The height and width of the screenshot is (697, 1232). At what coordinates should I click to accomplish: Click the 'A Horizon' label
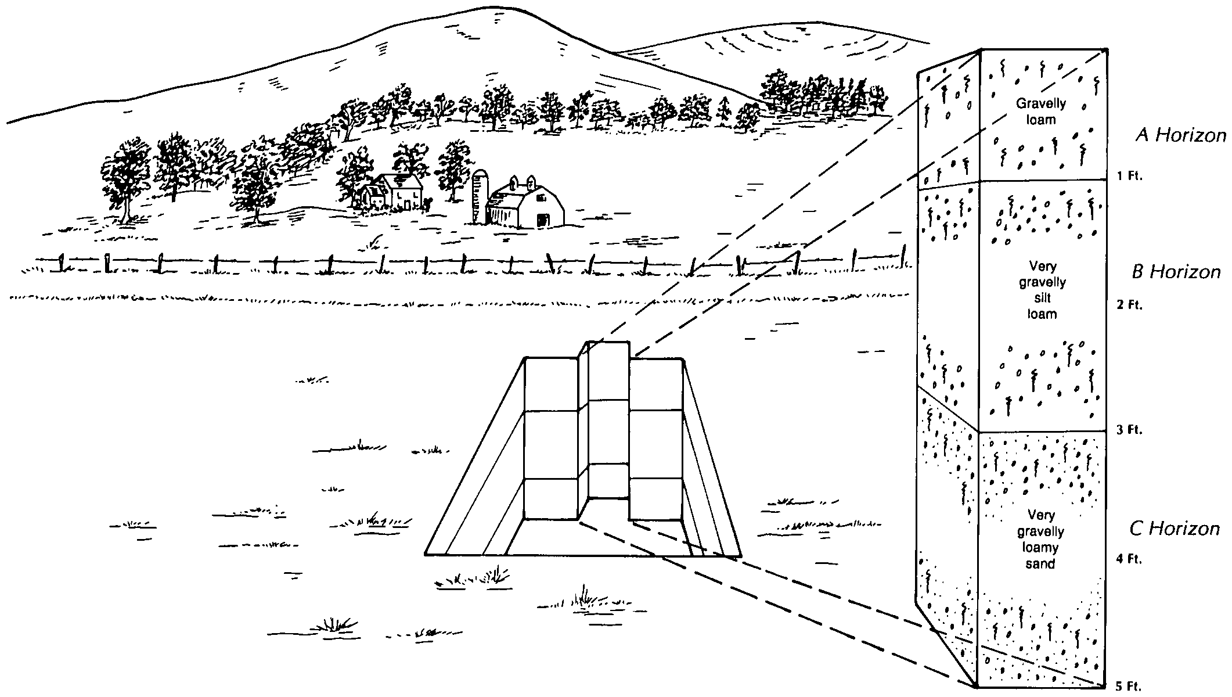1180,136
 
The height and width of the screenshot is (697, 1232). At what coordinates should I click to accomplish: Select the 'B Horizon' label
1176,272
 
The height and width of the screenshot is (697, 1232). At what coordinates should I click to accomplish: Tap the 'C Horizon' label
1174,529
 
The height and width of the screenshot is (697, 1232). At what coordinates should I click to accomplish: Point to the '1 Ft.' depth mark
1130,177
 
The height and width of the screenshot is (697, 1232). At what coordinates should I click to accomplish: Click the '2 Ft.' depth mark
1130,305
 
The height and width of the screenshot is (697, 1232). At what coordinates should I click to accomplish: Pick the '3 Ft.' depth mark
1130,430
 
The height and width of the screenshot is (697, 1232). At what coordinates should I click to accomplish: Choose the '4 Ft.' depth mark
1130,559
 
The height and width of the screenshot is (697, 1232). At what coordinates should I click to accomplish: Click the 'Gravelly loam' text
1040,112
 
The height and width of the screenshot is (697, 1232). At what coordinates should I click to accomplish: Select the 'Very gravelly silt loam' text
1043,290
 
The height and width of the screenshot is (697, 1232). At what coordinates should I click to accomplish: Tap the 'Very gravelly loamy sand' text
1040,539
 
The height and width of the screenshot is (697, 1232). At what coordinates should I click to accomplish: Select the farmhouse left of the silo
401,192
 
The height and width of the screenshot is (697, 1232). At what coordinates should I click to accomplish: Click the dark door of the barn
543,221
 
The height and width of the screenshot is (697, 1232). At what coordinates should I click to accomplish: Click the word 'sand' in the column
1040,563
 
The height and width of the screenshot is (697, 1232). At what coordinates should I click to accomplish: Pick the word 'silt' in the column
1043,299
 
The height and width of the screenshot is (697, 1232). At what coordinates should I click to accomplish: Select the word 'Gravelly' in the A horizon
1040,104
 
